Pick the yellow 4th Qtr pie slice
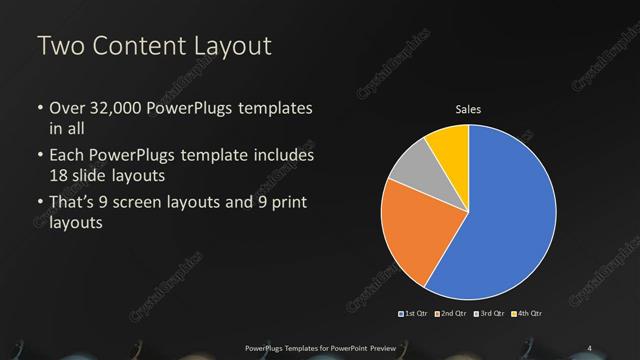[x=448, y=146]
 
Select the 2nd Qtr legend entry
[x=453, y=314]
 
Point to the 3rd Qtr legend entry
[x=490, y=314]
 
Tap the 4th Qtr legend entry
[x=527, y=314]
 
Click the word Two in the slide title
[x=61, y=46]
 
